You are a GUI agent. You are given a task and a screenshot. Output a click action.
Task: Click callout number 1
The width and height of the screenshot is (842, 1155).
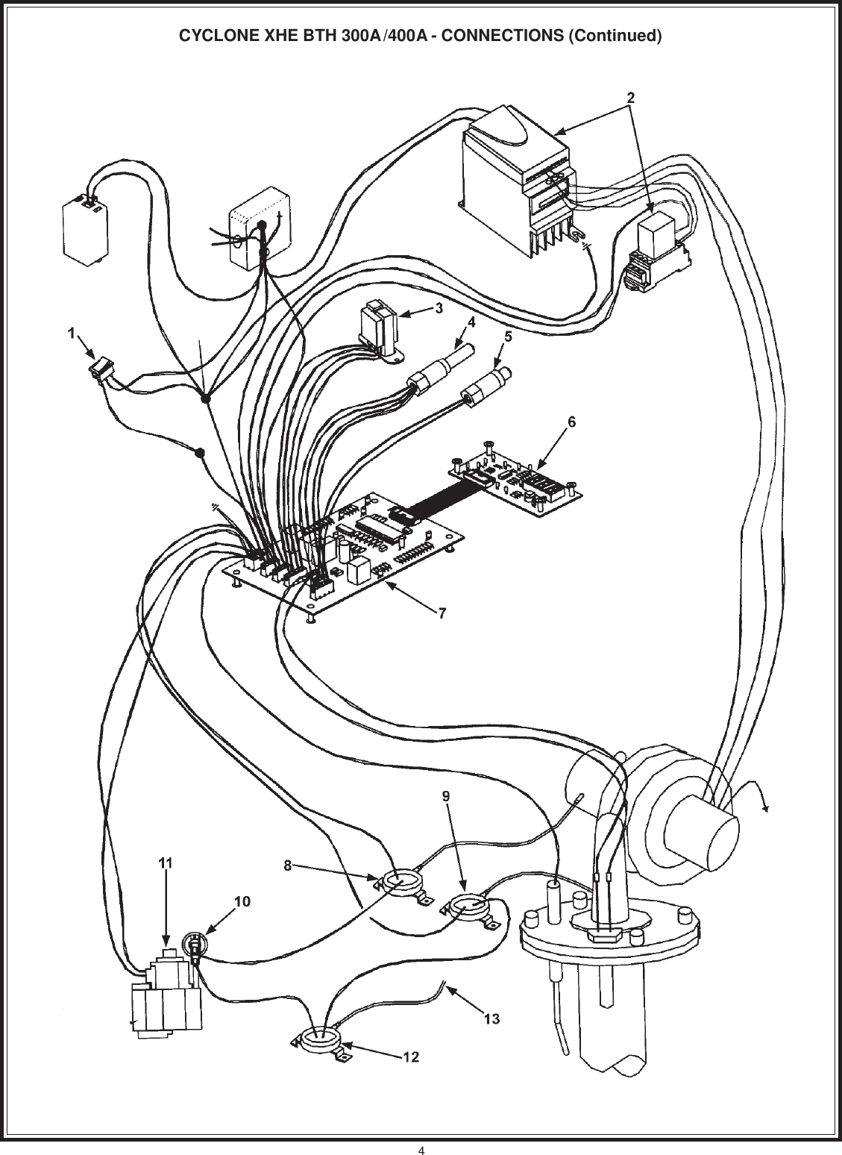coord(72,334)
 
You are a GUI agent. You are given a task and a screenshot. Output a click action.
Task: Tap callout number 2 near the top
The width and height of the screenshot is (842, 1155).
coord(630,97)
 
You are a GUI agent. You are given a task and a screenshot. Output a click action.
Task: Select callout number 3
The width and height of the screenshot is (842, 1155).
coord(440,307)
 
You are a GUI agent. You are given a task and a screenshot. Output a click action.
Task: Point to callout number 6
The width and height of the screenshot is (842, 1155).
coord(571,422)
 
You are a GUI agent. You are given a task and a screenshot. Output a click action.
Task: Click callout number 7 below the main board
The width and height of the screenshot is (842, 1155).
coord(442,613)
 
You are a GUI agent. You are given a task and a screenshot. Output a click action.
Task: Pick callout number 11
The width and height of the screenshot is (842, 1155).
coord(166,862)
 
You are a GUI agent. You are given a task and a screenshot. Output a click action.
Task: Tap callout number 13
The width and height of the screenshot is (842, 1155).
coord(491,1018)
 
